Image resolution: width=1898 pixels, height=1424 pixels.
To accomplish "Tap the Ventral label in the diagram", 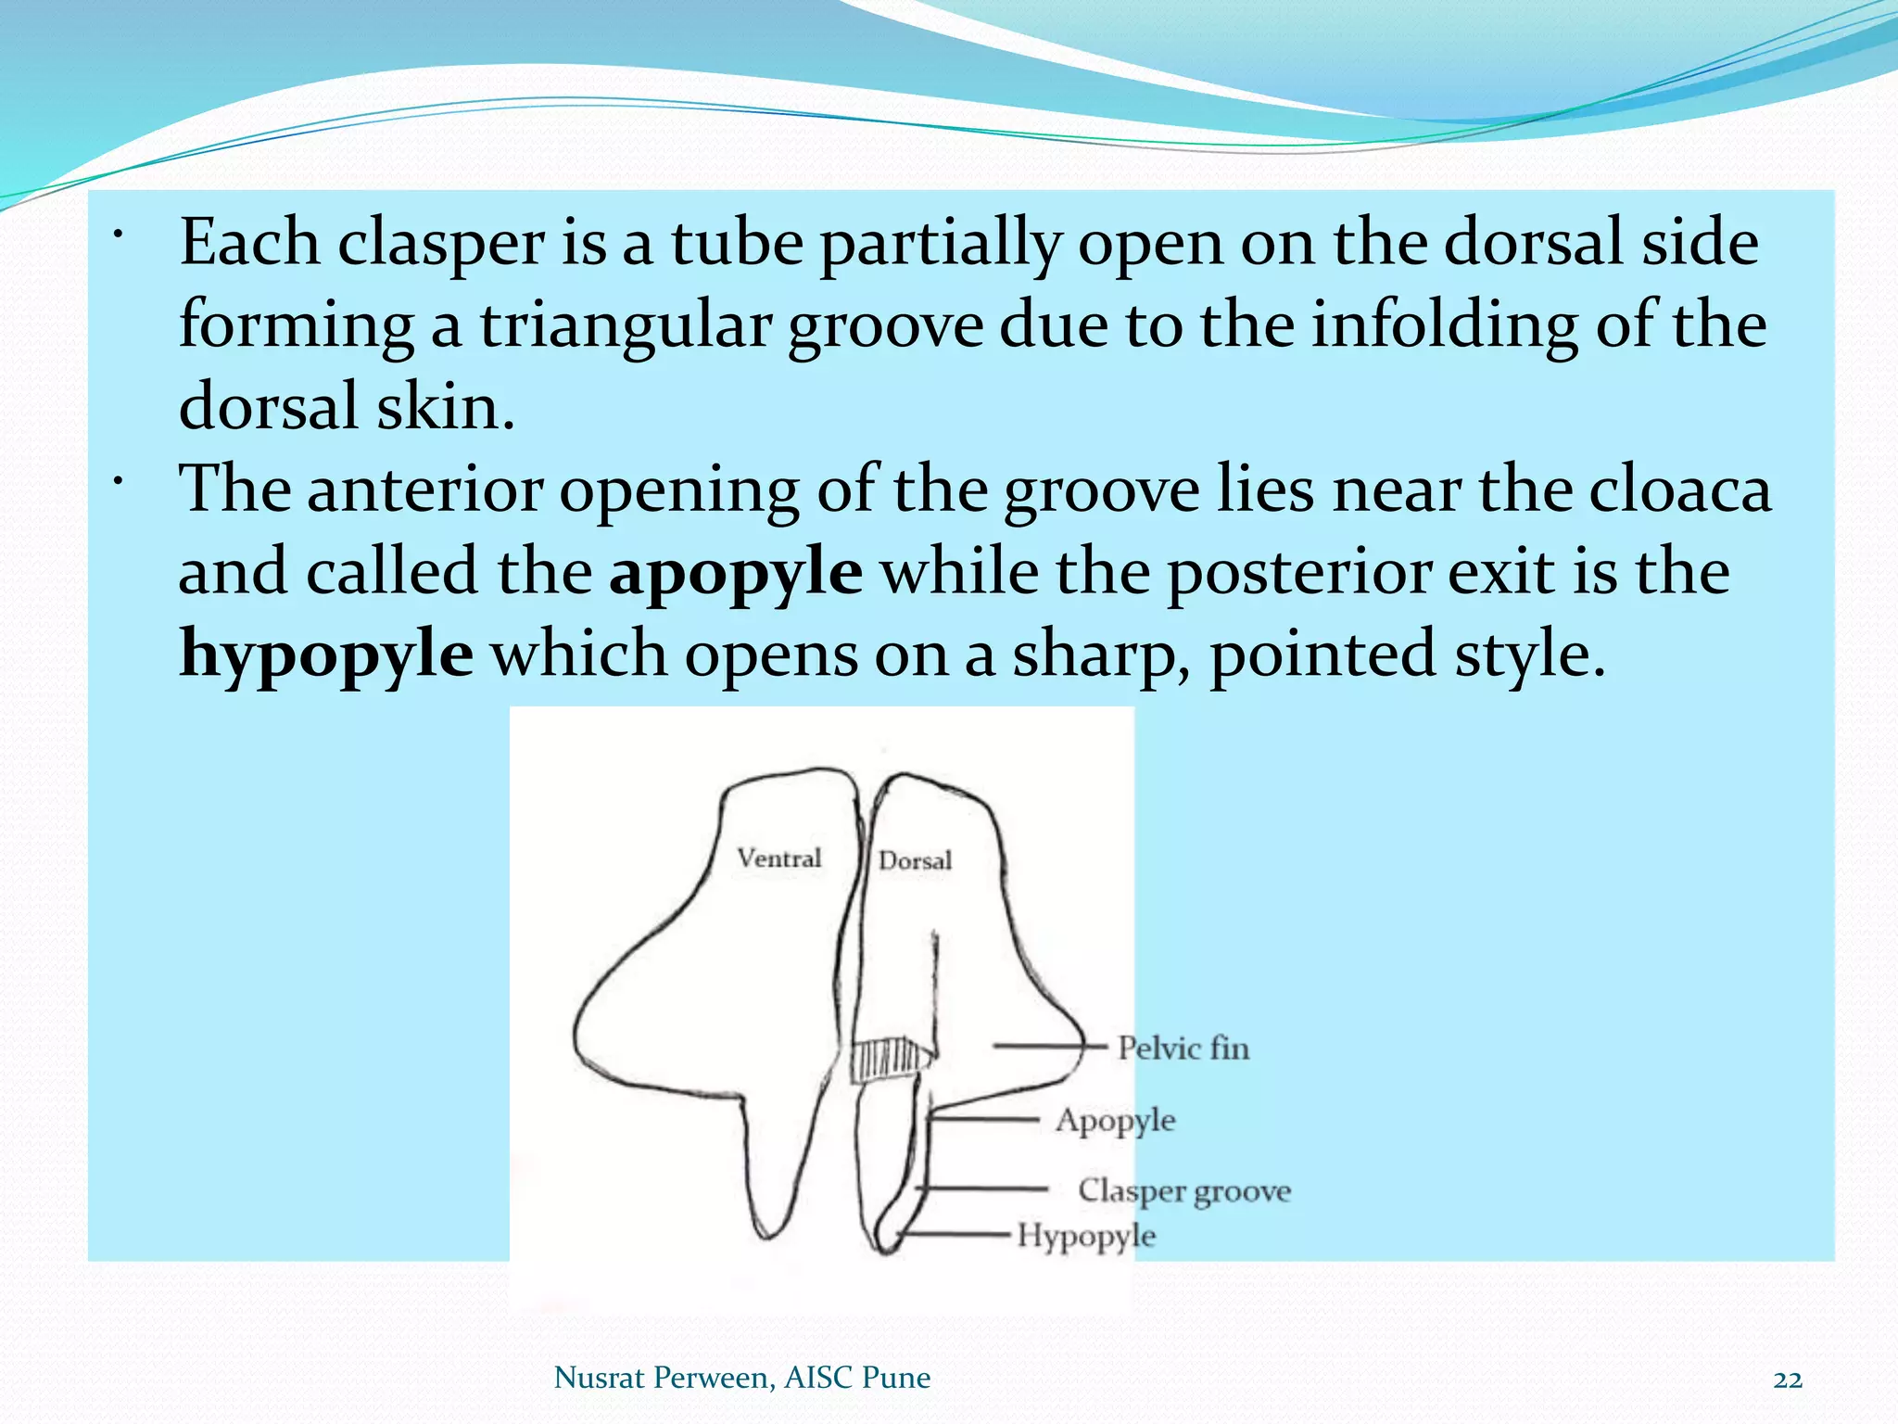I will [778, 858].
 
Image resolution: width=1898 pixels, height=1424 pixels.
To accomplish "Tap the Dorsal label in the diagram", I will [915, 861].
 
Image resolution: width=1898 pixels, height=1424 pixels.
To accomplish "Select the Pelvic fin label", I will [1183, 1049].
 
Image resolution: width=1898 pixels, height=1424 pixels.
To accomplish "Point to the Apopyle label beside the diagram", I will [1115, 1121].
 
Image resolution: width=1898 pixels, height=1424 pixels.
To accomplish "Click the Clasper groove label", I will [1183, 1191].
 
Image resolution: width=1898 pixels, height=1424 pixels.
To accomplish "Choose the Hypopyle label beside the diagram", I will [1086, 1237].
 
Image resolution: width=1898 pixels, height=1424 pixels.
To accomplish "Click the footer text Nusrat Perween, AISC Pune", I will [741, 1378].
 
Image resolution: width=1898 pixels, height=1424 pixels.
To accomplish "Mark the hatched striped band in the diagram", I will [890, 1060].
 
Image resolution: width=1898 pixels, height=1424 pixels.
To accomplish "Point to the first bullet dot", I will [118, 234].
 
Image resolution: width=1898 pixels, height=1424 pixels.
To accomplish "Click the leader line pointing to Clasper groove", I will [982, 1188].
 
